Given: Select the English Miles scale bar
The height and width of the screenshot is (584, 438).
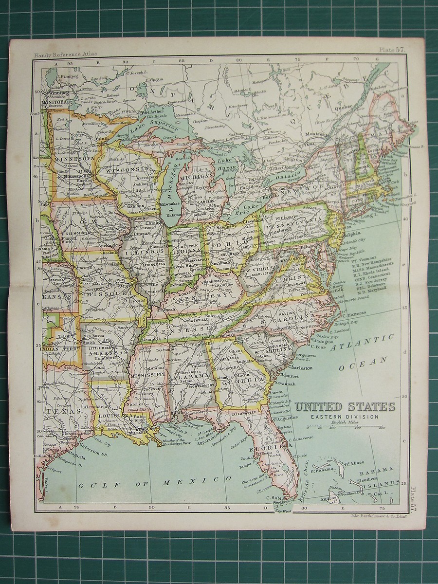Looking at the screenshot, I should click(x=346, y=427).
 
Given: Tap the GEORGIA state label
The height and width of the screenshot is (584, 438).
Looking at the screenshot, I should click(x=238, y=382).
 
